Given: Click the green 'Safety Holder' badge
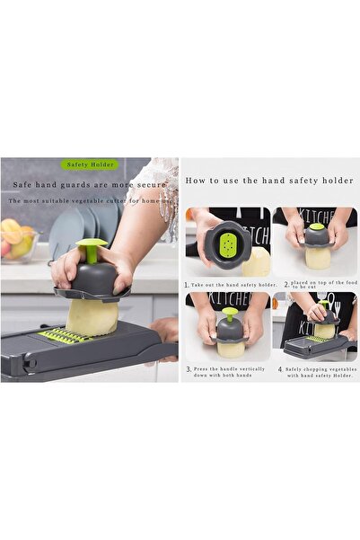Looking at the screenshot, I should point(89,164).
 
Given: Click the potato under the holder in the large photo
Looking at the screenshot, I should point(92,315).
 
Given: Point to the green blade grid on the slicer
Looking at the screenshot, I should point(65,336).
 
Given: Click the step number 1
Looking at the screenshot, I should point(188,283).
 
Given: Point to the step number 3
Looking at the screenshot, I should point(188,368).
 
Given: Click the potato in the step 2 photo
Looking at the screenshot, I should point(318,258).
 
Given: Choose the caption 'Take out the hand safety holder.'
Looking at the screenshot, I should point(231,284).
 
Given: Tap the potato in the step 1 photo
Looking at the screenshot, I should point(256,261).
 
